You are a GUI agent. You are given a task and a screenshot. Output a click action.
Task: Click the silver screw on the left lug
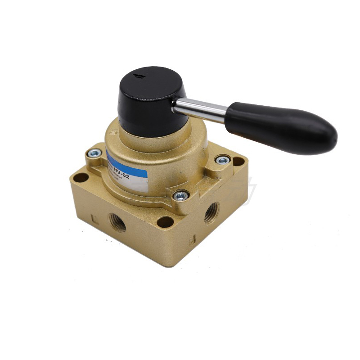[94, 153]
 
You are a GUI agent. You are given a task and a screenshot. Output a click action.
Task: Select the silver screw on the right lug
[222, 160]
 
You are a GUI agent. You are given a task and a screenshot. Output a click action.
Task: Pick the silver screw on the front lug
[180, 195]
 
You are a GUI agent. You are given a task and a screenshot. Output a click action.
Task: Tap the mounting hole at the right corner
[238, 161]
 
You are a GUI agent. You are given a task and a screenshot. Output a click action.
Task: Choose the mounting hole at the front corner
[165, 222]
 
